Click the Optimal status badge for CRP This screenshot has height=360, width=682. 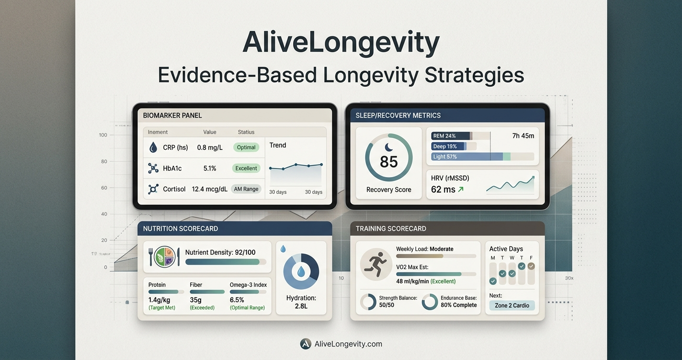coord(246,147)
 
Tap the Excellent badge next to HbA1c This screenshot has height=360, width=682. coord(246,168)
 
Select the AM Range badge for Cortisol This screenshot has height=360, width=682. coord(246,189)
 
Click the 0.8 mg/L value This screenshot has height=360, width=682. coord(210,147)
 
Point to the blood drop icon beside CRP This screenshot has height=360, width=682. coord(153,147)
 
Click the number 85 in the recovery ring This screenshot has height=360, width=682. coord(388,161)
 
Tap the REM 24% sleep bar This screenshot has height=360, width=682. coord(452,136)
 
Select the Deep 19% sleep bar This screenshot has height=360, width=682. coord(449,146)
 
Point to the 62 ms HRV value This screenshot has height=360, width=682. coord(443,190)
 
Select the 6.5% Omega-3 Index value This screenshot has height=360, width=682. coord(237,300)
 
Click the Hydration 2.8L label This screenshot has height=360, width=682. coord(301,302)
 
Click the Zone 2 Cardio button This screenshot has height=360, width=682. coord(511,306)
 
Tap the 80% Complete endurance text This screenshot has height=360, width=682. coord(458,305)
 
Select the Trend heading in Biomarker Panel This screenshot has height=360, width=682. coord(278,145)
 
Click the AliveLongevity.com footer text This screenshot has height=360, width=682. coord(348,344)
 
